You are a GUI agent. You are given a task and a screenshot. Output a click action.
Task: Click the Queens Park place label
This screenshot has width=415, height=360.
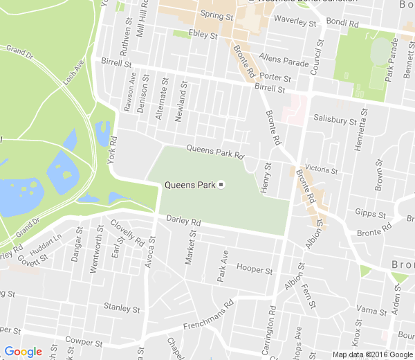189,185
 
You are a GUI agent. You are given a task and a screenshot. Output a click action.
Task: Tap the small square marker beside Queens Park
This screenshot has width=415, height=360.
221,185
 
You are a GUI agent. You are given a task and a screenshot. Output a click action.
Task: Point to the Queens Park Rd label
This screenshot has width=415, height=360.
216,151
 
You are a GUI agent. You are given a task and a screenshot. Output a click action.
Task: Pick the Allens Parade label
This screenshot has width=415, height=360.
284,62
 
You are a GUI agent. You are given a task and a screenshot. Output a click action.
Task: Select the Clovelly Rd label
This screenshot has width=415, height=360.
127,233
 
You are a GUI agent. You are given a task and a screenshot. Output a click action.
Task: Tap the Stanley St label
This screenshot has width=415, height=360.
122,307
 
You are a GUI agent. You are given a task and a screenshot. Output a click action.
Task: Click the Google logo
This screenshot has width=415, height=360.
23,352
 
